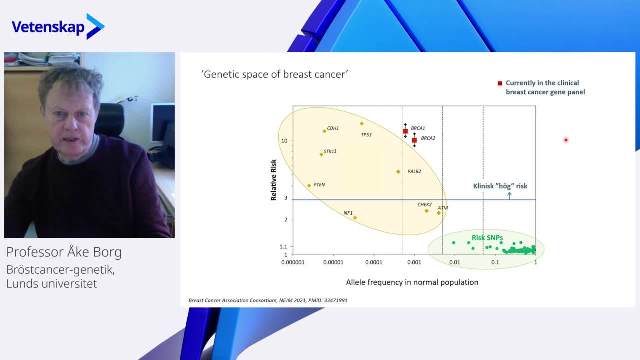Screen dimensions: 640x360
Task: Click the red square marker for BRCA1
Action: [x=405, y=131]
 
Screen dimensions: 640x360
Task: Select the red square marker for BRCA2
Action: [x=414, y=140]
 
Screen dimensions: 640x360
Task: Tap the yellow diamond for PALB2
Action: [x=398, y=172]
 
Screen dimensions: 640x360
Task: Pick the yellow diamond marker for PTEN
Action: [x=309, y=185]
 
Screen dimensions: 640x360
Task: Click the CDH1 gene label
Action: [x=333, y=128]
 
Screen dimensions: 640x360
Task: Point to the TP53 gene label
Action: [x=366, y=135]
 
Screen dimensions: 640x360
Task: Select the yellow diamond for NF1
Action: [x=355, y=218]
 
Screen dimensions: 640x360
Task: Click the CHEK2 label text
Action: [x=425, y=205]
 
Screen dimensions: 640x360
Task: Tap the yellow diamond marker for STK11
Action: [x=321, y=154]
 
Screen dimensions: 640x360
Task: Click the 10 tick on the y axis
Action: [x=284, y=141]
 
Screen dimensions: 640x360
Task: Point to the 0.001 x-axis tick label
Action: [x=414, y=262]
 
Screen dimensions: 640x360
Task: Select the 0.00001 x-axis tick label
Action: [x=333, y=262]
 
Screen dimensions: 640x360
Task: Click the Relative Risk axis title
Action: [x=273, y=180]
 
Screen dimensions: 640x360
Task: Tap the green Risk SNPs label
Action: [x=487, y=237]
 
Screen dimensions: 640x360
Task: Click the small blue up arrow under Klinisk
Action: [x=509, y=196]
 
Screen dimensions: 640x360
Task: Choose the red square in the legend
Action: [x=500, y=83]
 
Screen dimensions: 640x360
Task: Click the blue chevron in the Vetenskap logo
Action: [x=95, y=26]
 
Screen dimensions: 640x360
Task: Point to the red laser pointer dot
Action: [x=566, y=140]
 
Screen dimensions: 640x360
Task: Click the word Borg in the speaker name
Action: [x=109, y=253]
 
